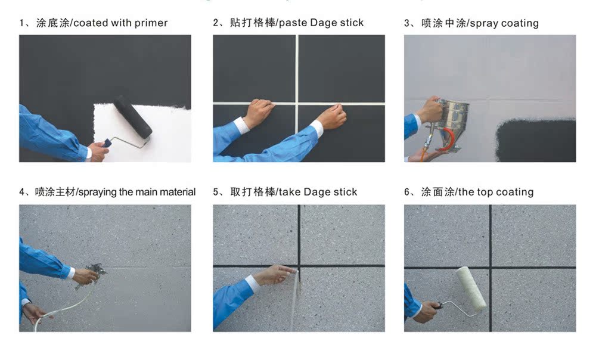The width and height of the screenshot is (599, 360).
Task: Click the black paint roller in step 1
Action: (133, 116)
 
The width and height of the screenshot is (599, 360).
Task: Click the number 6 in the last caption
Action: (407, 192)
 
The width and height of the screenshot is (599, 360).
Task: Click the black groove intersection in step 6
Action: (490, 267)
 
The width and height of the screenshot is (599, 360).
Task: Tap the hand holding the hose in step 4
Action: (36, 312)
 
